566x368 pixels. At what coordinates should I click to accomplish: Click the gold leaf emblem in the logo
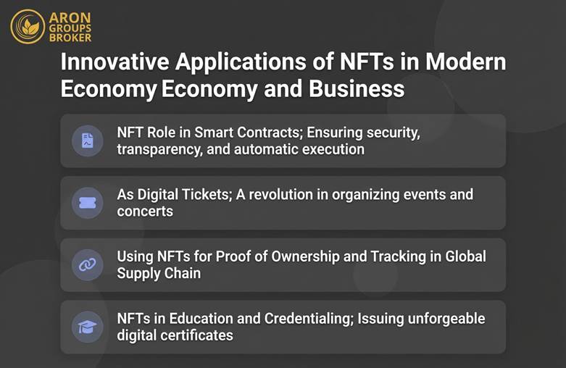coord(28,27)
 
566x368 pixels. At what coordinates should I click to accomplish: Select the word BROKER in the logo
coord(71,37)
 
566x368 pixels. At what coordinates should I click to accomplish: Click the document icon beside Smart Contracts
coord(88,141)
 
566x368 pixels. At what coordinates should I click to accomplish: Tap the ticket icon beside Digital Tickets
coord(88,204)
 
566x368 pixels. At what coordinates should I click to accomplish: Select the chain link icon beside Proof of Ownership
coord(88,265)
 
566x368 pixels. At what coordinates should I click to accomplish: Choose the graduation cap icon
coord(88,327)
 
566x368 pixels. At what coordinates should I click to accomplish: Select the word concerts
coord(145,212)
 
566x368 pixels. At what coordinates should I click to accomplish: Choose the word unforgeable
coord(441,319)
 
